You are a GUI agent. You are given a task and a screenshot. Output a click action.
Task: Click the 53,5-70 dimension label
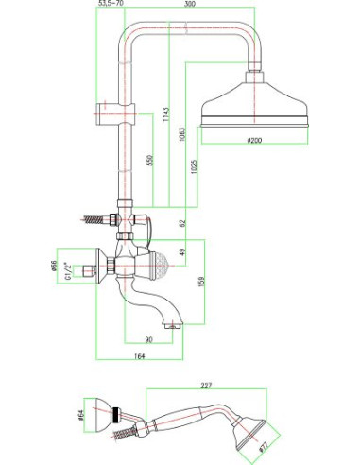[x=111, y=3]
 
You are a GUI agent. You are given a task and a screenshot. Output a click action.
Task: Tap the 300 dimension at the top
[x=190, y=4]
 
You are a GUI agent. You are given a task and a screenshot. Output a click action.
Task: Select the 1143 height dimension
[x=166, y=114]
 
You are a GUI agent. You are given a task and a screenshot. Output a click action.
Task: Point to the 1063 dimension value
[x=182, y=134]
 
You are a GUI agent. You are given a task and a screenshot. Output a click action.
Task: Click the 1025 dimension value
[x=194, y=167]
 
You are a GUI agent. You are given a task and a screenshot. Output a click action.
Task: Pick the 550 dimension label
[x=150, y=160]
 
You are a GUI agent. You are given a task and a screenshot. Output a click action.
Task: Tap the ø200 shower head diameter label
[x=254, y=140]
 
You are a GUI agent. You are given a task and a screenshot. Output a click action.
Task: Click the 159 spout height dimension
[x=201, y=281]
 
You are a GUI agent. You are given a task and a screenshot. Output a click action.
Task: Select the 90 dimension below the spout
[x=148, y=339]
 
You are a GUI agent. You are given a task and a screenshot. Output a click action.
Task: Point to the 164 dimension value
[x=139, y=356]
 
